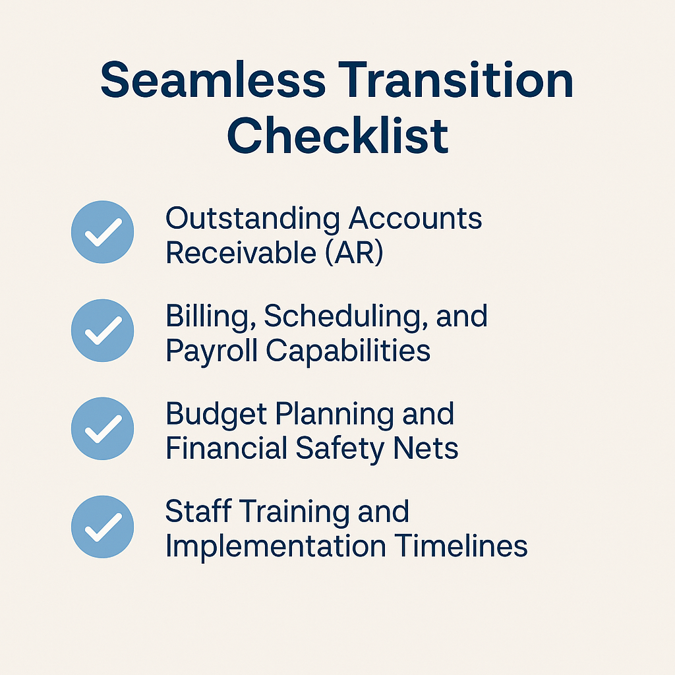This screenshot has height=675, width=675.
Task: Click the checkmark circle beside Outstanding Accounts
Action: coord(102,232)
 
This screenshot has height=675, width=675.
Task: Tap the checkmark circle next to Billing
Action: coord(102,330)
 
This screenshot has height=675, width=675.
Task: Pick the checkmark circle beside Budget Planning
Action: coord(102,428)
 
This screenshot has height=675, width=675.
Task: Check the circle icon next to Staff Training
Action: coord(102,526)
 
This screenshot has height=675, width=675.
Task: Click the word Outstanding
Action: coord(253,219)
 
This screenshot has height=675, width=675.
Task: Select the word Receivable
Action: coord(236,253)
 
